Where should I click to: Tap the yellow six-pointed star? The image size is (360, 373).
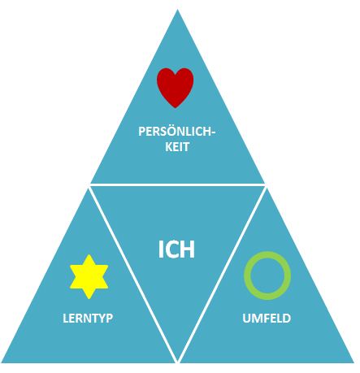[89, 276]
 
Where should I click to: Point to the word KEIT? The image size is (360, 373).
[177, 147]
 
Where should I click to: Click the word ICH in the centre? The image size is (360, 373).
[176, 249]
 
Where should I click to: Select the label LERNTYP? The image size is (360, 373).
[88, 318]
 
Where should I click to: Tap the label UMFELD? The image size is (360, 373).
[267, 318]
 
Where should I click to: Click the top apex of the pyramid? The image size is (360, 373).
[177, 10]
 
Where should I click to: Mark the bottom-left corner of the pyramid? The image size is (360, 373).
[2, 362]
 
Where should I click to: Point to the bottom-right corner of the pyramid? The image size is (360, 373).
[353, 362]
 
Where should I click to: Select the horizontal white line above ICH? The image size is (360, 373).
[177, 185]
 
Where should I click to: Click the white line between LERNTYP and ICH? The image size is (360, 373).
[133, 274]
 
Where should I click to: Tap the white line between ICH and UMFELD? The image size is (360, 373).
[222, 274]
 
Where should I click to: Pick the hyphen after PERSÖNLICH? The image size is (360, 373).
[213, 132]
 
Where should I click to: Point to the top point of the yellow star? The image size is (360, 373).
[89, 254]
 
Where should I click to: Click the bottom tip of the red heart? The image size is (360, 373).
[176, 107]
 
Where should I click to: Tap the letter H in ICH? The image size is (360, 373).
[188, 249]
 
